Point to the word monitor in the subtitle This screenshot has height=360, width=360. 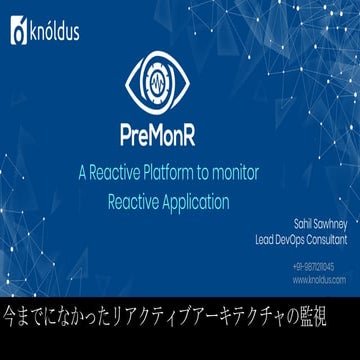pyautogui.click(x=230, y=173)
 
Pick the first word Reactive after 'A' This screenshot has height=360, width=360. pyautogui.click(x=116, y=173)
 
